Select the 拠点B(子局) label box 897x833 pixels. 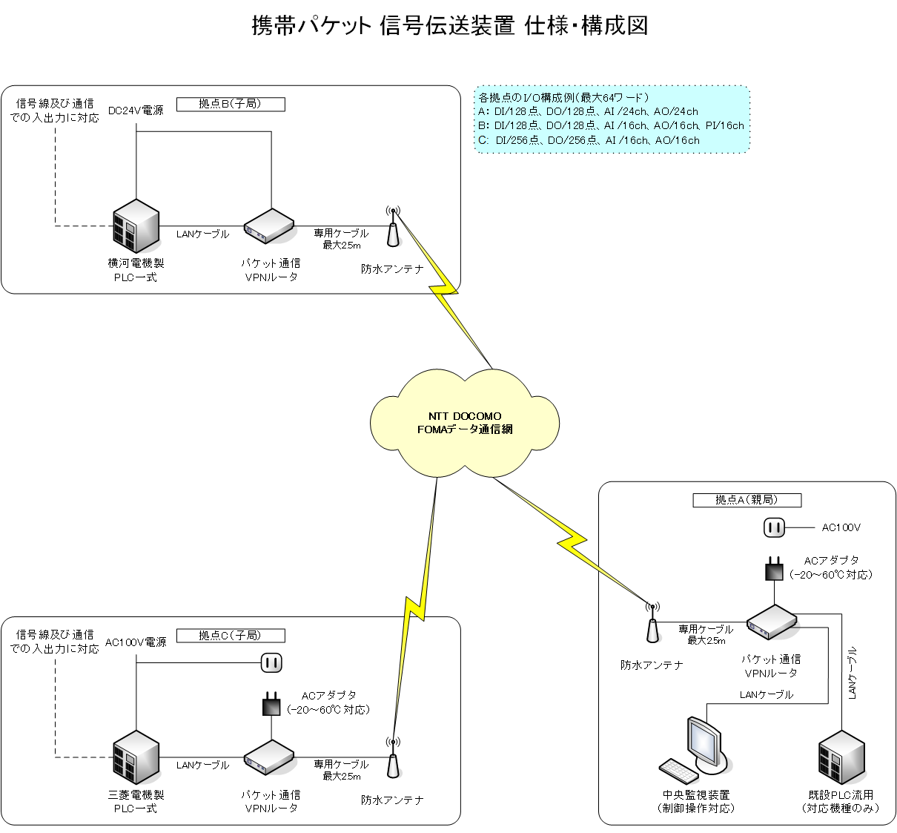coord(231,105)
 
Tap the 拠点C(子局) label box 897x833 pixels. coord(231,636)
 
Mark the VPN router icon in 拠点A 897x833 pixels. coord(771,622)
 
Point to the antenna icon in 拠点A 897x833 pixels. coord(652,623)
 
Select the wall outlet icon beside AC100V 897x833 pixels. coord(774,528)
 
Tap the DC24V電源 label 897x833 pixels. coord(136,111)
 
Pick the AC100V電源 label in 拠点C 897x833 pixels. coord(136,642)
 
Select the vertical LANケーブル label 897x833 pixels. coord(853,674)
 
